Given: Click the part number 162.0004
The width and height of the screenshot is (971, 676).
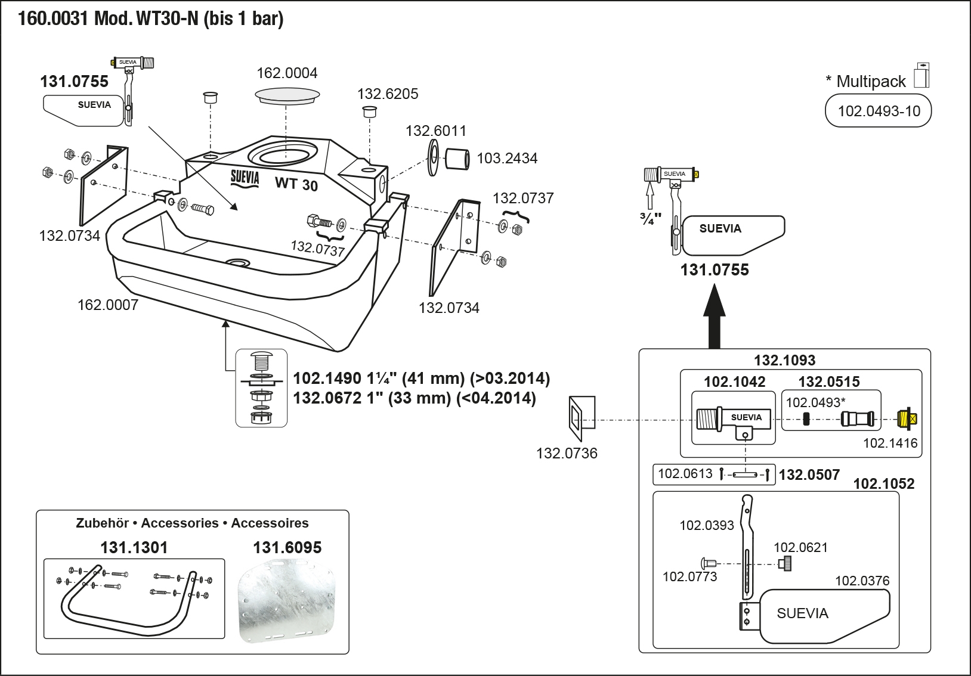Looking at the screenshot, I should pyautogui.click(x=287, y=73).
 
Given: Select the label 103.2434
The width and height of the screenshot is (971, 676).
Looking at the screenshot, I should pyautogui.click(x=507, y=159).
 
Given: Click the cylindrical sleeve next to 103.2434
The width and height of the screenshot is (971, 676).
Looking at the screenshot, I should pyautogui.click(x=457, y=159).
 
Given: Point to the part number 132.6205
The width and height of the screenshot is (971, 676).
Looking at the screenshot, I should pyautogui.click(x=388, y=94).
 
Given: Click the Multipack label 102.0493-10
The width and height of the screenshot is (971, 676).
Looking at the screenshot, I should pyautogui.click(x=879, y=111).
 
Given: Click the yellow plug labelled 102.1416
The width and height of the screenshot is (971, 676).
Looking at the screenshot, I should pyautogui.click(x=907, y=418).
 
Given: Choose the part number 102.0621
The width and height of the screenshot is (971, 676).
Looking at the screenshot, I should pyautogui.click(x=800, y=548).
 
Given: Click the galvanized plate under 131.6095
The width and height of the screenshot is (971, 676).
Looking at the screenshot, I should pyautogui.click(x=287, y=602).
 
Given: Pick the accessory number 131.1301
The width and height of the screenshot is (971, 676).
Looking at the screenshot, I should pyautogui.click(x=134, y=548).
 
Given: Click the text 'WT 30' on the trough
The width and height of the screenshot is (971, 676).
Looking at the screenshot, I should pyautogui.click(x=296, y=184).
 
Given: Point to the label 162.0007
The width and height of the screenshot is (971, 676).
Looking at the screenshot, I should pyautogui.click(x=108, y=305).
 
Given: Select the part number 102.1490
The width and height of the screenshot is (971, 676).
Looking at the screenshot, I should pyautogui.click(x=327, y=379).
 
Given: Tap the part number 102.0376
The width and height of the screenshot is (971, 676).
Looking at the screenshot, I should pyautogui.click(x=862, y=581).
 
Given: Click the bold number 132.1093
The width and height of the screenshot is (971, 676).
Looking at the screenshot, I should pyautogui.click(x=784, y=361).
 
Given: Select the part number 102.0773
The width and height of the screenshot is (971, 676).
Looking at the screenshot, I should pyautogui.click(x=689, y=577).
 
